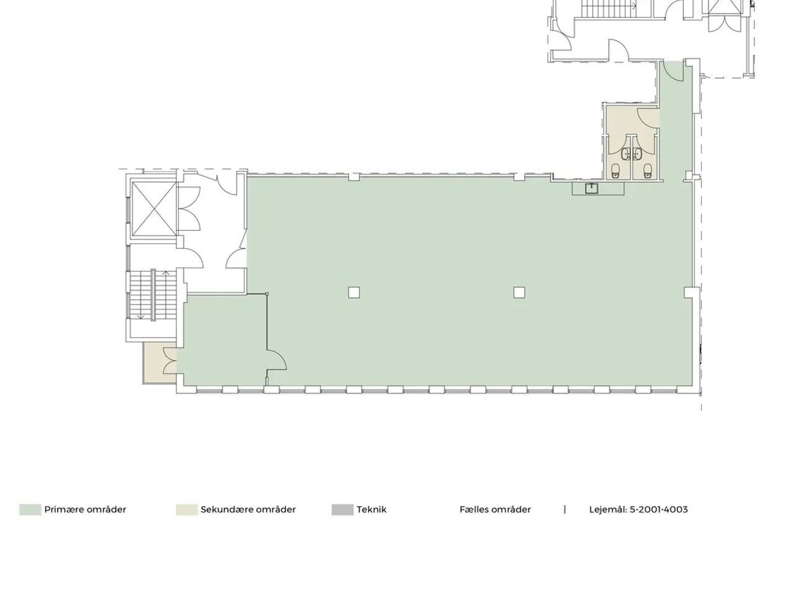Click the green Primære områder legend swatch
[30, 510]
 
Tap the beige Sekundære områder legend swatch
[186, 510]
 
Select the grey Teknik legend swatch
[342, 510]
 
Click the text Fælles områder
[495, 510]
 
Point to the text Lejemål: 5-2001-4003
[639, 510]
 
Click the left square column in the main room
[354, 293]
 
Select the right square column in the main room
[519, 293]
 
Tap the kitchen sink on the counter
[592, 188]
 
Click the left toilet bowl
[616, 171]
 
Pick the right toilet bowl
[648, 171]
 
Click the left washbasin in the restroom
[626, 154]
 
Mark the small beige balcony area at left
[160, 362]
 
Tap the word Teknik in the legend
[371, 510]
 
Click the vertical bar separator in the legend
[565, 509]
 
